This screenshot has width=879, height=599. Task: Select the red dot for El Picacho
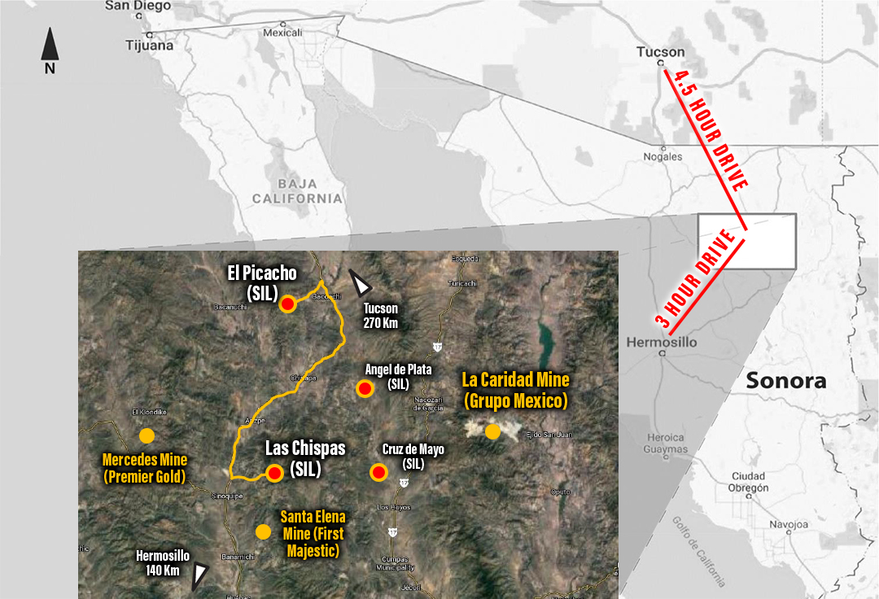coord(287,304)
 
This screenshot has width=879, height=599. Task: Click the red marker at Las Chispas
coord(275,473)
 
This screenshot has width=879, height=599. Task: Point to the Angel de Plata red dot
coord(365,389)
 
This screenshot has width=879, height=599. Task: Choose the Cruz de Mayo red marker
coord(378,472)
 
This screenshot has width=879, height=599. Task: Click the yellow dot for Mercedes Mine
coord(146,435)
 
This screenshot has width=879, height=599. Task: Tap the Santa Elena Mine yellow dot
coord(263,531)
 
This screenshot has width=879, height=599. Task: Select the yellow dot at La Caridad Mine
coord(492,431)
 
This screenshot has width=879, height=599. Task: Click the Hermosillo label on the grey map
coord(661,343)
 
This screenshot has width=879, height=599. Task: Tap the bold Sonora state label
coord(785,380)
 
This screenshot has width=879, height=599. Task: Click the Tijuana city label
coord(150,46)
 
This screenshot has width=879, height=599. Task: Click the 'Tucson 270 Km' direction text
coord(380,315)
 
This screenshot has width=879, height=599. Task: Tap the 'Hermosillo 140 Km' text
coord(163,562)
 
